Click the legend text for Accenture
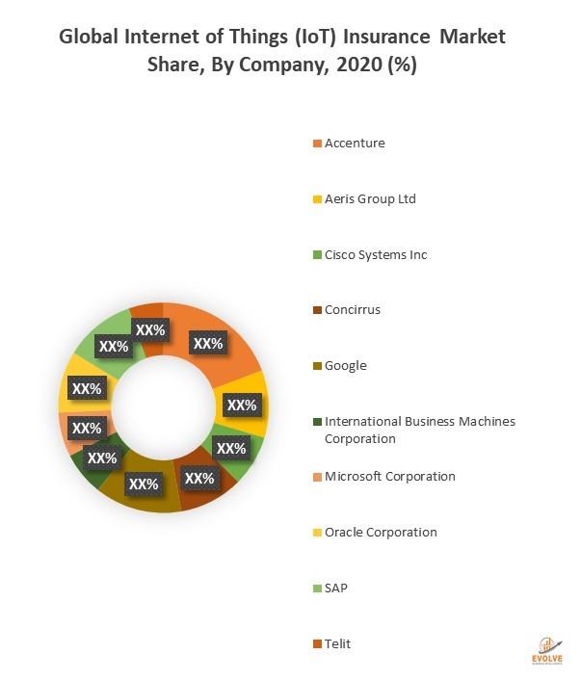[355, 144]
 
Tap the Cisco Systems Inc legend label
[376, 255]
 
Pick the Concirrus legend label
[353, 310]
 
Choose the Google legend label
[346, 366]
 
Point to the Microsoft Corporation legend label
[390, 477]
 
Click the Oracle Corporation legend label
[381, 533]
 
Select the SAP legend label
[336, 588]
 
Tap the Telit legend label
[338, 643]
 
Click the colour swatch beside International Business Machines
[316, 422]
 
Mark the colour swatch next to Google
[316, 366]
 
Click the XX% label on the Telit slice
[149, 329]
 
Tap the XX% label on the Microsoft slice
[87, 428]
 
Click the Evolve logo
[547, 651]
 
